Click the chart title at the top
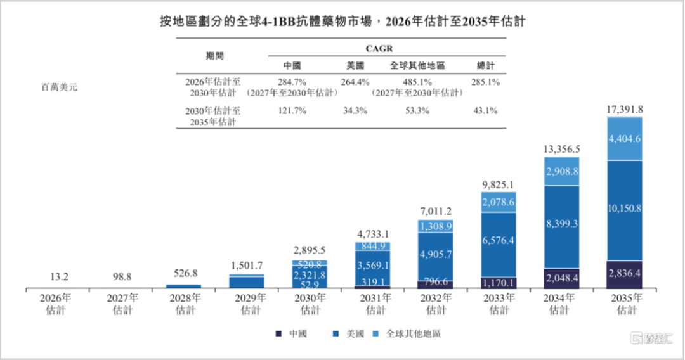click(342, 21)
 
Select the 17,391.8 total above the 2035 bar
click(624, 108)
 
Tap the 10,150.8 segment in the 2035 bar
click(624, 209)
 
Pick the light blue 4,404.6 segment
click(624, 138)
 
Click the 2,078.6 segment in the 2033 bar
click(499, 202)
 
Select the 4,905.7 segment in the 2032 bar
click(436, 255)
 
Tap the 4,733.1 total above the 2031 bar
click(373, 233)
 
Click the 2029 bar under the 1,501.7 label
click(247, 281)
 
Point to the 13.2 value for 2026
click(57, 277)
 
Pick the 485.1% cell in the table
click(416, 82)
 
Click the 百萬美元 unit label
click(59, 87)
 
